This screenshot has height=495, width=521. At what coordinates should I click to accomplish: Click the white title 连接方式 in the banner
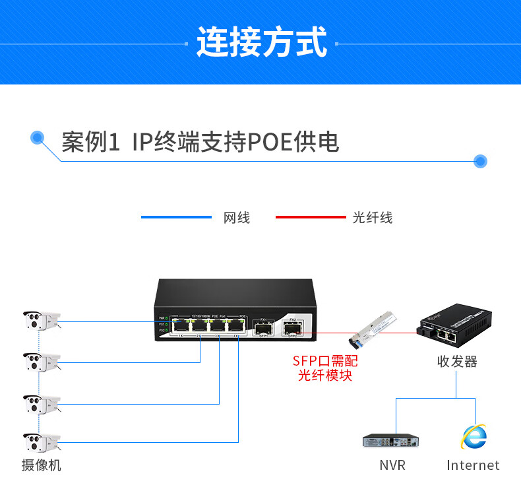pos(262,42)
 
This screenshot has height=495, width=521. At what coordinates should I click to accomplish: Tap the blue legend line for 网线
pos(176,217)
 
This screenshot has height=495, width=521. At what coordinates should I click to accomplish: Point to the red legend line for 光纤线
pos(310,217)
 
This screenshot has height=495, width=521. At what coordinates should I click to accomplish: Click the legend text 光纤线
pos(372,218)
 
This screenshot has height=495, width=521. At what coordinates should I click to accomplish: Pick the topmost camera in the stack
pos(41,321)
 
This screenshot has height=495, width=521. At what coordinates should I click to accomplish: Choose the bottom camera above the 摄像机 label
pos(41,442)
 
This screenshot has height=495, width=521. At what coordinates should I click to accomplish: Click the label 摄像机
pos(41,465)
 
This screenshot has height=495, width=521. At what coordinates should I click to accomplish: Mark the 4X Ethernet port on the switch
pos(234,326)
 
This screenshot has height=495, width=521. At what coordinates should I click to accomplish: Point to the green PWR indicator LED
pos(168,319)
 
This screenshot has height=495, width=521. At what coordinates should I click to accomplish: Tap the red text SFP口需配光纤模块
pos(325,368)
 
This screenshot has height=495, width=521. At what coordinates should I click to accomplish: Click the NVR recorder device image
pos(391,441)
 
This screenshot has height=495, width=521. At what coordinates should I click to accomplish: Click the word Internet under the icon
pos(473,465)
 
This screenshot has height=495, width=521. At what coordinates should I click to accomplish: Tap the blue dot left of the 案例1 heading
pos(38,138)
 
